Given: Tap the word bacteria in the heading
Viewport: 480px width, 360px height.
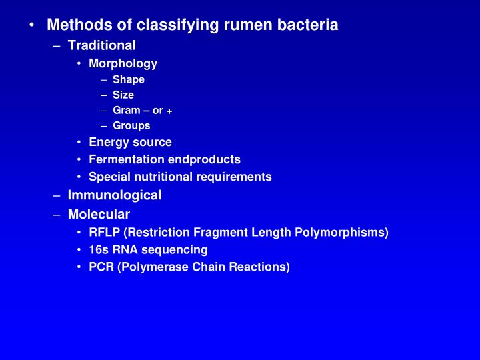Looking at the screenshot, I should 309,25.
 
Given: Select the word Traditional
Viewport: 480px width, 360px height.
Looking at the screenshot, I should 101,45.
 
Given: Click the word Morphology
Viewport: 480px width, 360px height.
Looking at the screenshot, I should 123,63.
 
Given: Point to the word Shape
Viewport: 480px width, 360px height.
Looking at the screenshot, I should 128,79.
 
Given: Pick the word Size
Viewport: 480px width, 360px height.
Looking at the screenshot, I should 123,95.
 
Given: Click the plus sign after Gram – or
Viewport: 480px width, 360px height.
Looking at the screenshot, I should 170,111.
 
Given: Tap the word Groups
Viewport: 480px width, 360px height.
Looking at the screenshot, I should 131,125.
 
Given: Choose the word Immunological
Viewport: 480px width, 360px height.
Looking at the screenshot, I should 114,195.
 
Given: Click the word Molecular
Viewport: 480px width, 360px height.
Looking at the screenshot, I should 99,214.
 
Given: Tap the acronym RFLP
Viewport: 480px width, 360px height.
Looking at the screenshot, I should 104,232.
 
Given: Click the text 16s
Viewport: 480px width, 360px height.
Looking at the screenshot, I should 99,249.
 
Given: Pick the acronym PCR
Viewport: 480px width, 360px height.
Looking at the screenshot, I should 101,267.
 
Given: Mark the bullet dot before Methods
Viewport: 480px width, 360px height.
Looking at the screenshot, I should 32,25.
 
